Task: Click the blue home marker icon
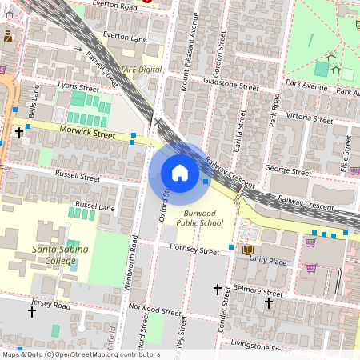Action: pos(179,173)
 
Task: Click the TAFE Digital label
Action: pos(141,70)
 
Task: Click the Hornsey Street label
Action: pos(194,251)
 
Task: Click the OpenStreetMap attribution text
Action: pos(80,354)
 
